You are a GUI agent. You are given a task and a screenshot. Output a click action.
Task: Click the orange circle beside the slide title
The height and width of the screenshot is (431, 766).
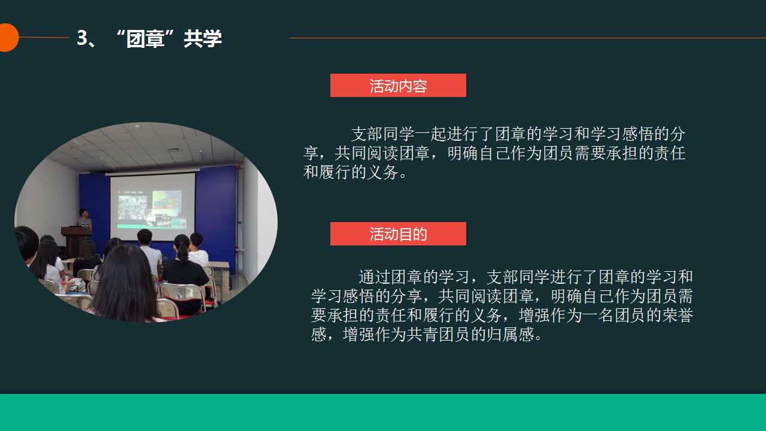(8, 38)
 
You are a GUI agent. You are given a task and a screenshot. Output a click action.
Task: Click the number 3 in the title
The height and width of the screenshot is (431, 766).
(82, 38)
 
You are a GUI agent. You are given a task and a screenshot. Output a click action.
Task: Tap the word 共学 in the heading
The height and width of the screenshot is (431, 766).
(203, 38)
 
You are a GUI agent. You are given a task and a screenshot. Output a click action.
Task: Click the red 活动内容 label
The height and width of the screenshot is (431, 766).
(398, 85)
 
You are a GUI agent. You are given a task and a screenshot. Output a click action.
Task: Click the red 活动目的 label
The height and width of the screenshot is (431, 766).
(398, 234)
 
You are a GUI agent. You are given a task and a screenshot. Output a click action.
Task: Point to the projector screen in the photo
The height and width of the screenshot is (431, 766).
(153, 207)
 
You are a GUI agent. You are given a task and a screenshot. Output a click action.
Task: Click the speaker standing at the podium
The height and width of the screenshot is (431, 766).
(84, 218)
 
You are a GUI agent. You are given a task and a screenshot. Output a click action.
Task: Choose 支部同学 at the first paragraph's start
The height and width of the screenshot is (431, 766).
(382, 133)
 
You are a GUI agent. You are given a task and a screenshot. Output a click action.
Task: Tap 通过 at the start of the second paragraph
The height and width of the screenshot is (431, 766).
(375, 277)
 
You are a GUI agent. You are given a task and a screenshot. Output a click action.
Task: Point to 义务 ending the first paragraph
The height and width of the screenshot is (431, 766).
(382, 172)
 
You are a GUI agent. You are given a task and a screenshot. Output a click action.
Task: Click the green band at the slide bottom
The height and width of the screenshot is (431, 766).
(383, 412)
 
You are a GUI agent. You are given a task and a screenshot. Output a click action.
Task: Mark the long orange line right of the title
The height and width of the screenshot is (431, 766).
(527, 38)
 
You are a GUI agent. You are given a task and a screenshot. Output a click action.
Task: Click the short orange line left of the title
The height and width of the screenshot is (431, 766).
(44, 37)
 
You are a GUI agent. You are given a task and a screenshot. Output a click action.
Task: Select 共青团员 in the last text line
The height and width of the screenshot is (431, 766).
(439, 334)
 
